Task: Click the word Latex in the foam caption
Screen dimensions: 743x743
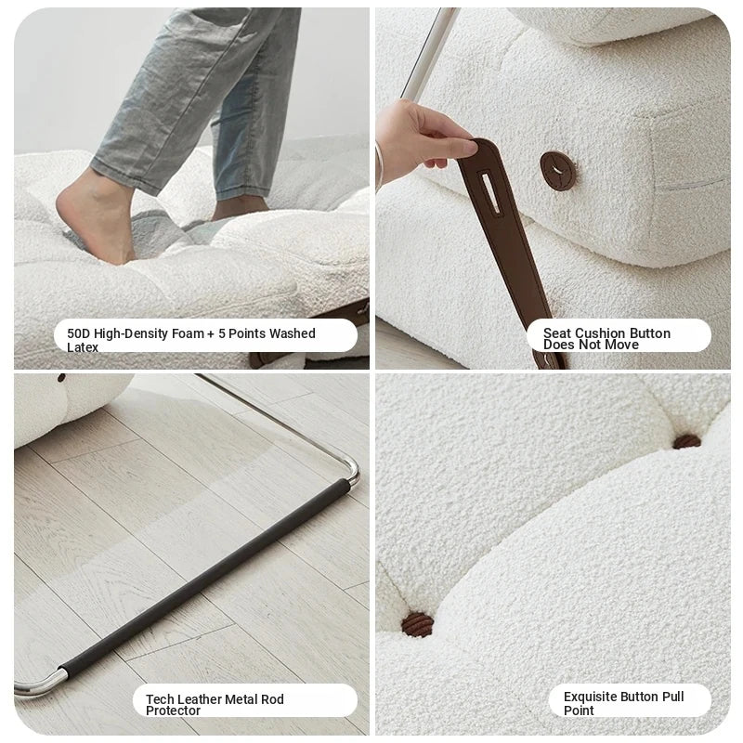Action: [83, 347]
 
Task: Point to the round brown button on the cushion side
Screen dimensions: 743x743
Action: [558, 171]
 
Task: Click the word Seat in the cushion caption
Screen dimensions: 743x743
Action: [557, 333]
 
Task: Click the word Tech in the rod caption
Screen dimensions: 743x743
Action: [160, 699]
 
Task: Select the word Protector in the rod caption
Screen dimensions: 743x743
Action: [173, 710]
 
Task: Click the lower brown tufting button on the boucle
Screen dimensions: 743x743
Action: [417, 624]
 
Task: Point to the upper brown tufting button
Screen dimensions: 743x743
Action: [687, 442]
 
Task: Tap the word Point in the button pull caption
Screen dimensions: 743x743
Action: [579, 710]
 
